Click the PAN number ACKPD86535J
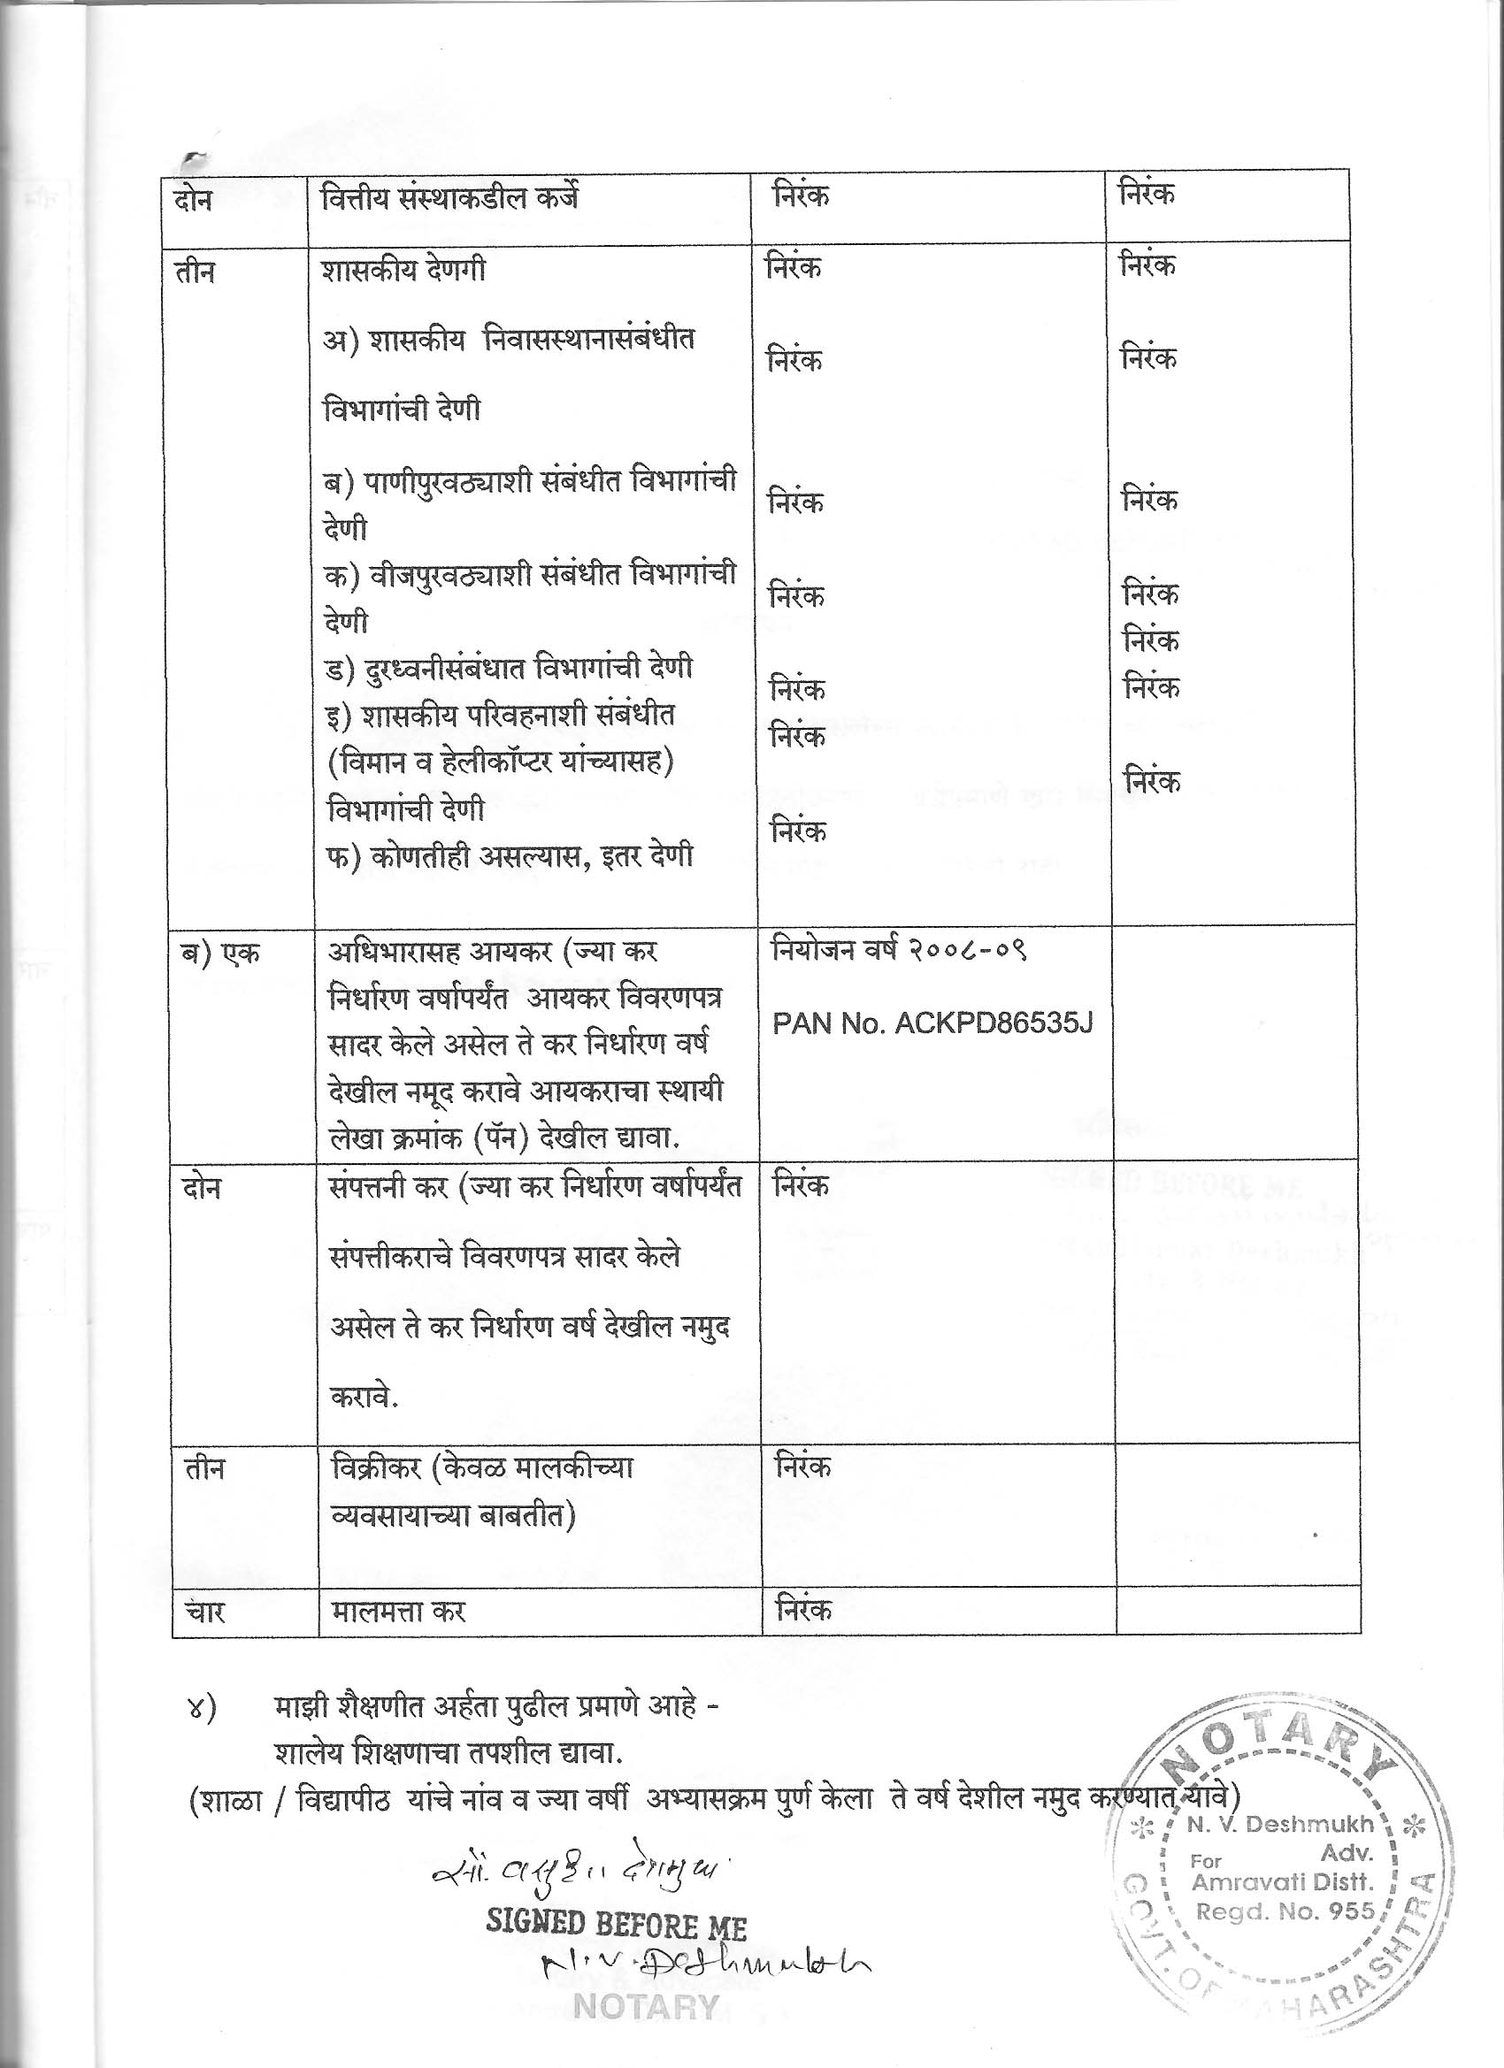(x=932, y=1024)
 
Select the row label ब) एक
(x=219, y=953)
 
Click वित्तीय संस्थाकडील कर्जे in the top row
(x=450, y=198)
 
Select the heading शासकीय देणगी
(x=403, y=271)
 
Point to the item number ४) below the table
(x=200, y=1707)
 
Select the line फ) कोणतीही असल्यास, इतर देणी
(x=509, y=856)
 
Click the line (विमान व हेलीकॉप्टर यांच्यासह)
(x=500, y=761)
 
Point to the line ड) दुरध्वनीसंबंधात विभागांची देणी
(x=508, y=667)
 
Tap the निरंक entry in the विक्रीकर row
(x=802, y=1467)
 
